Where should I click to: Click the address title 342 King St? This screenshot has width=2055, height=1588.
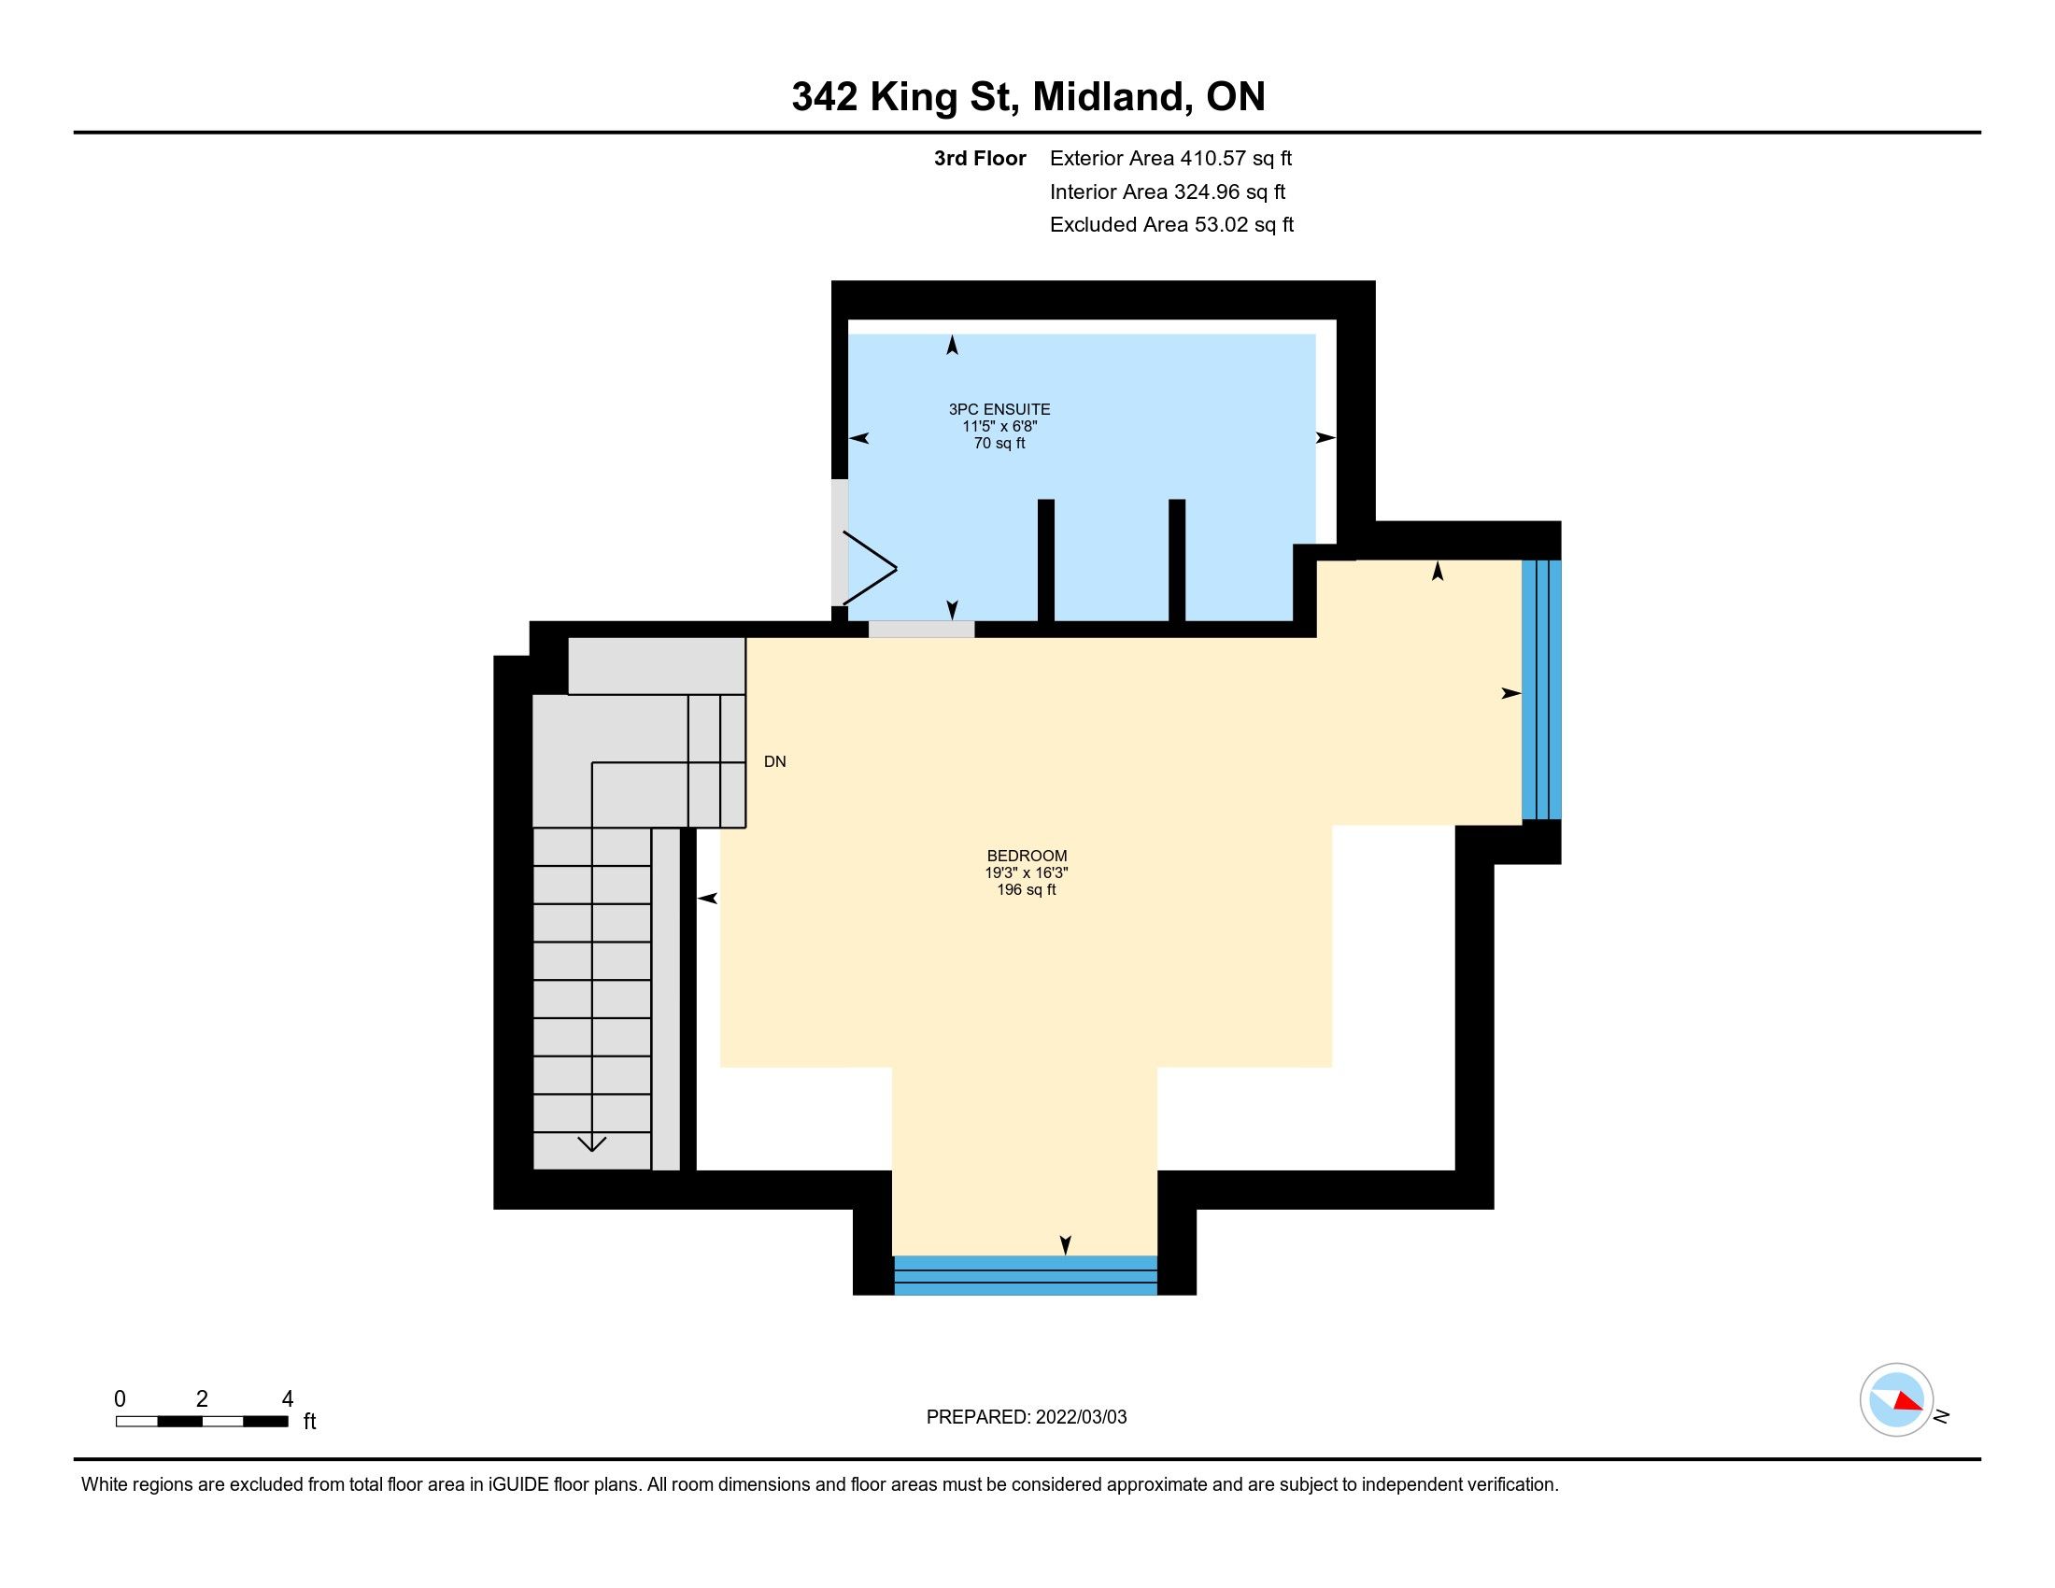905,97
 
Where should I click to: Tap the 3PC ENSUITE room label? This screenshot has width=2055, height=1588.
999,409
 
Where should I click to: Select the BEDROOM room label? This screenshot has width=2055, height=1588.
1027,856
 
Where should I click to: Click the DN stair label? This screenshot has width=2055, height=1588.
775,762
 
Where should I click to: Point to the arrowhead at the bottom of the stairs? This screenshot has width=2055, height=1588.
592,1144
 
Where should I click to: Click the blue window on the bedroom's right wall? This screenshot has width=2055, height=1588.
1541,689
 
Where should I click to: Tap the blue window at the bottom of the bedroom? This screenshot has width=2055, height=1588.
1025,1275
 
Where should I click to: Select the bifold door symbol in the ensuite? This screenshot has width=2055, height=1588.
869,568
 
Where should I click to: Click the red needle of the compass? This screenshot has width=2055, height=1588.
1907,1402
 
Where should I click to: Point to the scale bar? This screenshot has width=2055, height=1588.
203,1422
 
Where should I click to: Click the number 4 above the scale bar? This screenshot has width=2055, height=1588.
288,1399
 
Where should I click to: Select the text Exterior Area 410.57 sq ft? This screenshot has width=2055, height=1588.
1170,159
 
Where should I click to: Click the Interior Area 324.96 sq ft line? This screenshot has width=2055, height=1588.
1168,191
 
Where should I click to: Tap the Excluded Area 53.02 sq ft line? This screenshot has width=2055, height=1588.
1171,225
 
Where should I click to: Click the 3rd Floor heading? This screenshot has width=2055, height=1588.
980,159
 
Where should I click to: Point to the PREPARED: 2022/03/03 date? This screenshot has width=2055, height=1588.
1027,1417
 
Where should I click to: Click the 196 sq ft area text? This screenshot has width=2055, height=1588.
1027,890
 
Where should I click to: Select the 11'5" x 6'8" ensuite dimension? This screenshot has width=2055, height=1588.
999,426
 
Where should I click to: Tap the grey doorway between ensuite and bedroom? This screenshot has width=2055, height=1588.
921,630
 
